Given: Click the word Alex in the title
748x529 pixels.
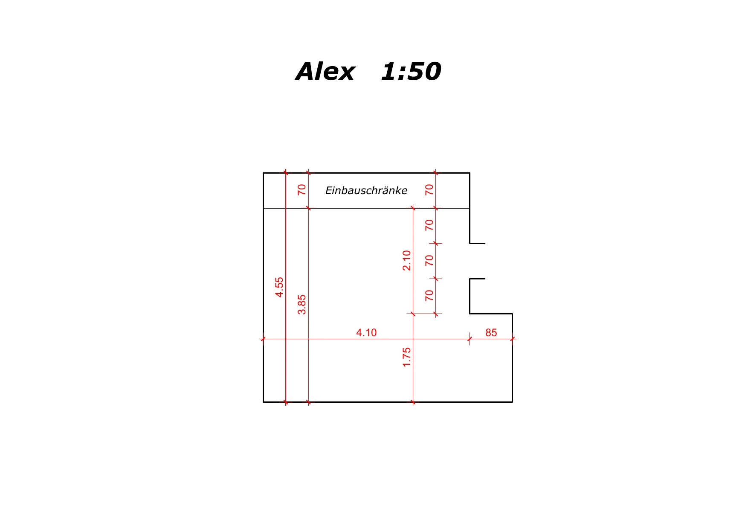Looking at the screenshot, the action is coord(325,71).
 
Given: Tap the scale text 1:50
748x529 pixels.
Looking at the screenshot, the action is coord(411,71).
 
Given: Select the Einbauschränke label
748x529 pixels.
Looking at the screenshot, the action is coord(366,190).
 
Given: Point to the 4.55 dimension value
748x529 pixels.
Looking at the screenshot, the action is coord(279,287).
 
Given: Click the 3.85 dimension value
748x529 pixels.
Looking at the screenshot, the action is coord(302,305).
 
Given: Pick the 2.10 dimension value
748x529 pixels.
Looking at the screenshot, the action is coord(407,261).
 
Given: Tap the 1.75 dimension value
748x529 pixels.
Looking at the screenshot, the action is coord(407,357).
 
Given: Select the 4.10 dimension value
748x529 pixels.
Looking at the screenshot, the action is coord(366,333).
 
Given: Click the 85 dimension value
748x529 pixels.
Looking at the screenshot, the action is coord(491,333).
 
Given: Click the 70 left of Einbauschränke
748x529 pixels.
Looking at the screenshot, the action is coord(302,190).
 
